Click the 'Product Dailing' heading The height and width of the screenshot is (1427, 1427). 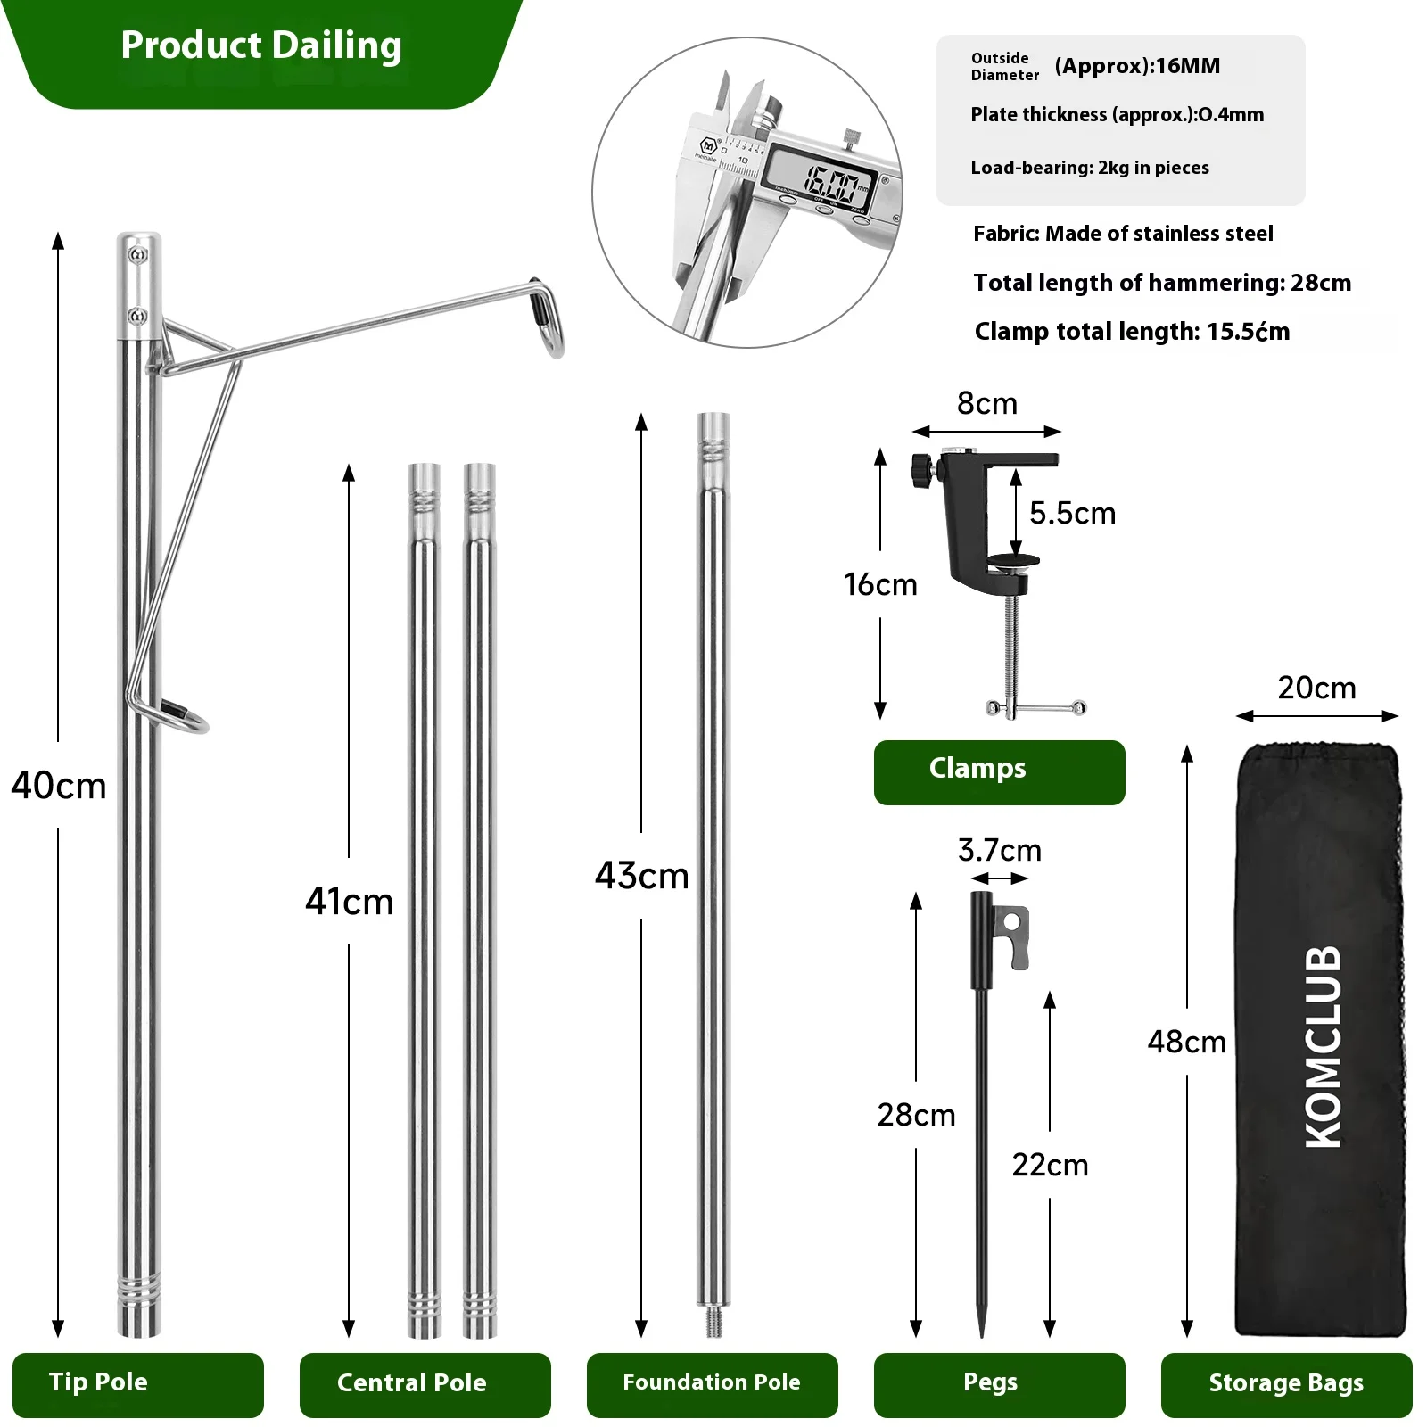pyautogui.click(x=261, y=45)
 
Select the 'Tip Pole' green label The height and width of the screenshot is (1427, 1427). pyautogui.click(x=138, y=1385)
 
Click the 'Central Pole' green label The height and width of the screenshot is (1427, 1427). pyautogui.click(x=425, y=1385)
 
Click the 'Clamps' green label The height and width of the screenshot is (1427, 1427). pyautogui.click(x=1000, y=772)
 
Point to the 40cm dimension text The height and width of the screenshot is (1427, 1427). pyautogui.click(x=59, y=786)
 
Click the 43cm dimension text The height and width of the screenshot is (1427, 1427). pyautogui.click(x=642, y=876)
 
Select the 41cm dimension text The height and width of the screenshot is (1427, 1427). pyautogui.click(x=350, y=902)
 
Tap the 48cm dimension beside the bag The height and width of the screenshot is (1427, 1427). pyautogui.click(x=1187, y=1042)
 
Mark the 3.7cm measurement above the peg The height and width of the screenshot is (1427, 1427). pyautogui.click(x=1000, y=850)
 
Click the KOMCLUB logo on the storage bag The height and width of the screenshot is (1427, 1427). pyautogui.click(x=1324, y=1046)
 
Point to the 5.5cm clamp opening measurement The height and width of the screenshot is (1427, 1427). pyautogui.click(x=1073, y=513)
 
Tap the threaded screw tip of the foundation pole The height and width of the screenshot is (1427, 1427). pyautogui.click(x=713, y=1322)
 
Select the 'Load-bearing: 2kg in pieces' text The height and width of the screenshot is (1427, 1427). pyautogui.click(x=1090, y=168)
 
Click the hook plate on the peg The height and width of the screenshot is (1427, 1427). pyautogui.click(x=1011, y=936)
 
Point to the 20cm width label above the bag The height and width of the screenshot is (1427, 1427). pyautogui.click(x=1316, y=688)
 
